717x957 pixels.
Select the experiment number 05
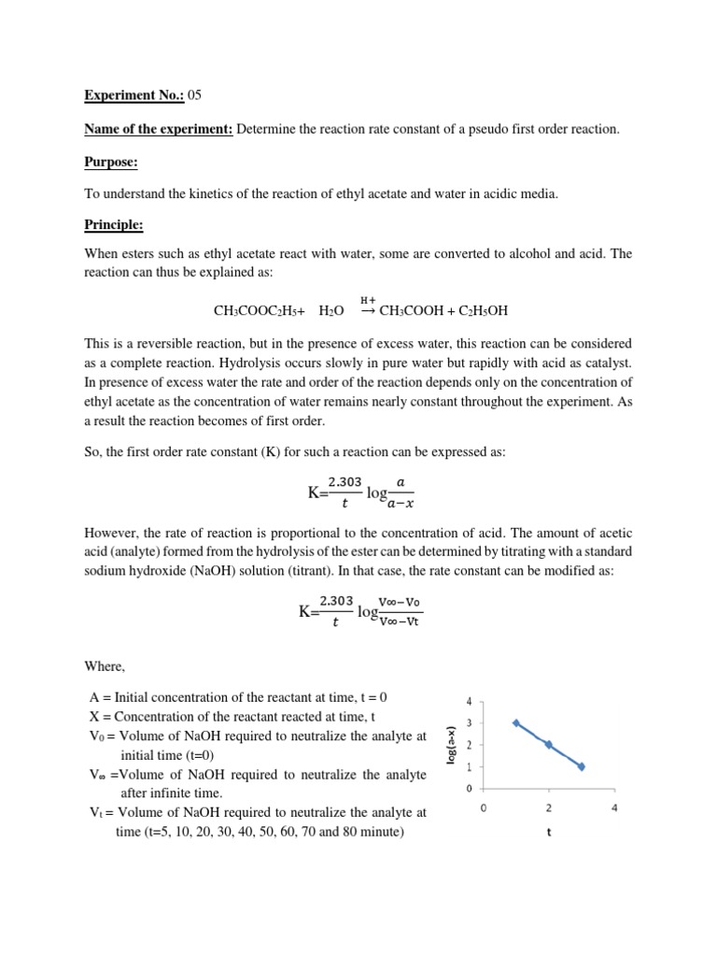tap(195, 94)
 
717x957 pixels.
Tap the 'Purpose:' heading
tap(111, 163)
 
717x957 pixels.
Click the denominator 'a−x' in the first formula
tap(402, 506)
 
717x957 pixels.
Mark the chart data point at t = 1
tap(516, 722)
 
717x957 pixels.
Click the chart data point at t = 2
tap(549, 745)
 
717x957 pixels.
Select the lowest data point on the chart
tap(582, 766)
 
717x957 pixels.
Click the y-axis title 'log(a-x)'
tap(451, 745)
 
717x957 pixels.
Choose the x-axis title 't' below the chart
tap(549, 837)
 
